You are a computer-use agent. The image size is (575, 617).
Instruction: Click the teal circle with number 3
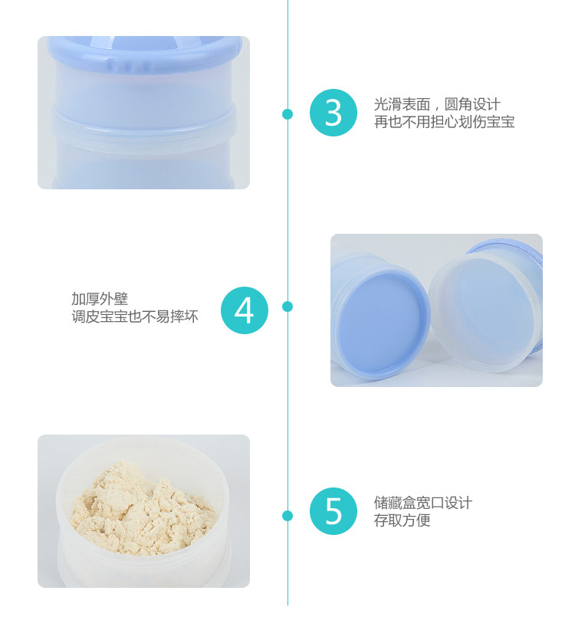[x=333, y=113]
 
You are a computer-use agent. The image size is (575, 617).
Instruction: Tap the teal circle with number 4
[x=245, y=310]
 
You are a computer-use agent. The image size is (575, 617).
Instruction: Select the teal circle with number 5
[x=333, y=511]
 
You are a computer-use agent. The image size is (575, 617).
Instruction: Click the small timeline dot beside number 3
[x=287, y=114]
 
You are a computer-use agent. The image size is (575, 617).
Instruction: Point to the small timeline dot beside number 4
[x=287, y=307]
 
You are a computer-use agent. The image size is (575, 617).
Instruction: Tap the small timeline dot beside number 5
[x=287, y=516]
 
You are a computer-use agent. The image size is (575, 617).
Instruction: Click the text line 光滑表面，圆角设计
[x=437, y=104]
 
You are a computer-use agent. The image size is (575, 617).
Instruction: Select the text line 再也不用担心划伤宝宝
[x=445, y=122]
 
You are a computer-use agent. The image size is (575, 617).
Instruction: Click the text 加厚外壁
[x=100, y=299]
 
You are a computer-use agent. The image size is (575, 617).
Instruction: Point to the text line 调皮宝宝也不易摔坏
[x=135, y=316]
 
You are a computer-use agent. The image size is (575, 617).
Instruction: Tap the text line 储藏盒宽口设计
[x=422, y=503]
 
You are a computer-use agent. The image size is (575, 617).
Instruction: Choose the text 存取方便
[x=402, y=520]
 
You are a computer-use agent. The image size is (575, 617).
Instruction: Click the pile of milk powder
[x=142, y=508]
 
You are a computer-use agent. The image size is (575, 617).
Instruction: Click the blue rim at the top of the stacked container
[x=143, y=52]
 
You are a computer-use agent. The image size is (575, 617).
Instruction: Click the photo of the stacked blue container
[x=143, y=113]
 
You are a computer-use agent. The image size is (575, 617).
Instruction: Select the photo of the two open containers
[x=436, y=310]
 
